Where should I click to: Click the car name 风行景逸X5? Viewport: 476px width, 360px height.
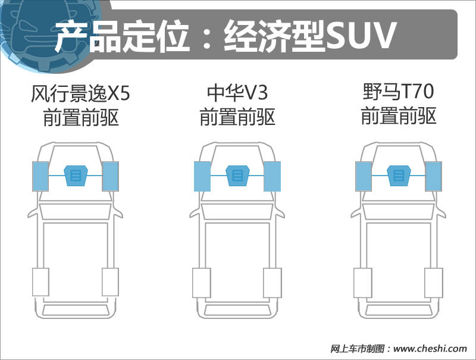[80, 93]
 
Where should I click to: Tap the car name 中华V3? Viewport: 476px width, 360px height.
[237, 92]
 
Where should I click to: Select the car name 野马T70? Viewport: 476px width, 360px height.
[398, 92]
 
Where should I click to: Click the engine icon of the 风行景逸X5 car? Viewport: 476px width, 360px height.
[76, 176]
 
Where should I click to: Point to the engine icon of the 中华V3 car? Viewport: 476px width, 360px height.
[237, 176]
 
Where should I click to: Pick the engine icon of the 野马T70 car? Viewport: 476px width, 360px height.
[399, 176]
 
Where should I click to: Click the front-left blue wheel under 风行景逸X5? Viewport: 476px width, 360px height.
[40, 176]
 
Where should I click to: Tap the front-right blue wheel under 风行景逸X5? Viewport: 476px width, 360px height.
[111, 176]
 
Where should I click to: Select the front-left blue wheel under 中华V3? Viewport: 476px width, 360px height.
[202, 176]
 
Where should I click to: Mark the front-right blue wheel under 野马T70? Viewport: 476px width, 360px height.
[434, 176]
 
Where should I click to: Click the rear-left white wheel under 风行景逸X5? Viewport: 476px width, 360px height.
[40, 281]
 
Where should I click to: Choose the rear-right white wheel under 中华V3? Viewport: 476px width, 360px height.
[273, 283]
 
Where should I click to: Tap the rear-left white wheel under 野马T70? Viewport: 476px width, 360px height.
[363, 283]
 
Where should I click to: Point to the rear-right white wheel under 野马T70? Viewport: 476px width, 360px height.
[434, 283]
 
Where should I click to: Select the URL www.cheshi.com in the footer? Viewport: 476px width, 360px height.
[430, 349]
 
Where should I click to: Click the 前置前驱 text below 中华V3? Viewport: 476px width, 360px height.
[237, 117]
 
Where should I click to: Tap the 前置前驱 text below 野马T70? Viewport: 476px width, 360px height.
[399, 115]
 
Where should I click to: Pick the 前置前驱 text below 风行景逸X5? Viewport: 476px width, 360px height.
[81, 117]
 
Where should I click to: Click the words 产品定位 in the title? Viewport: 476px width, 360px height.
[122, 36]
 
